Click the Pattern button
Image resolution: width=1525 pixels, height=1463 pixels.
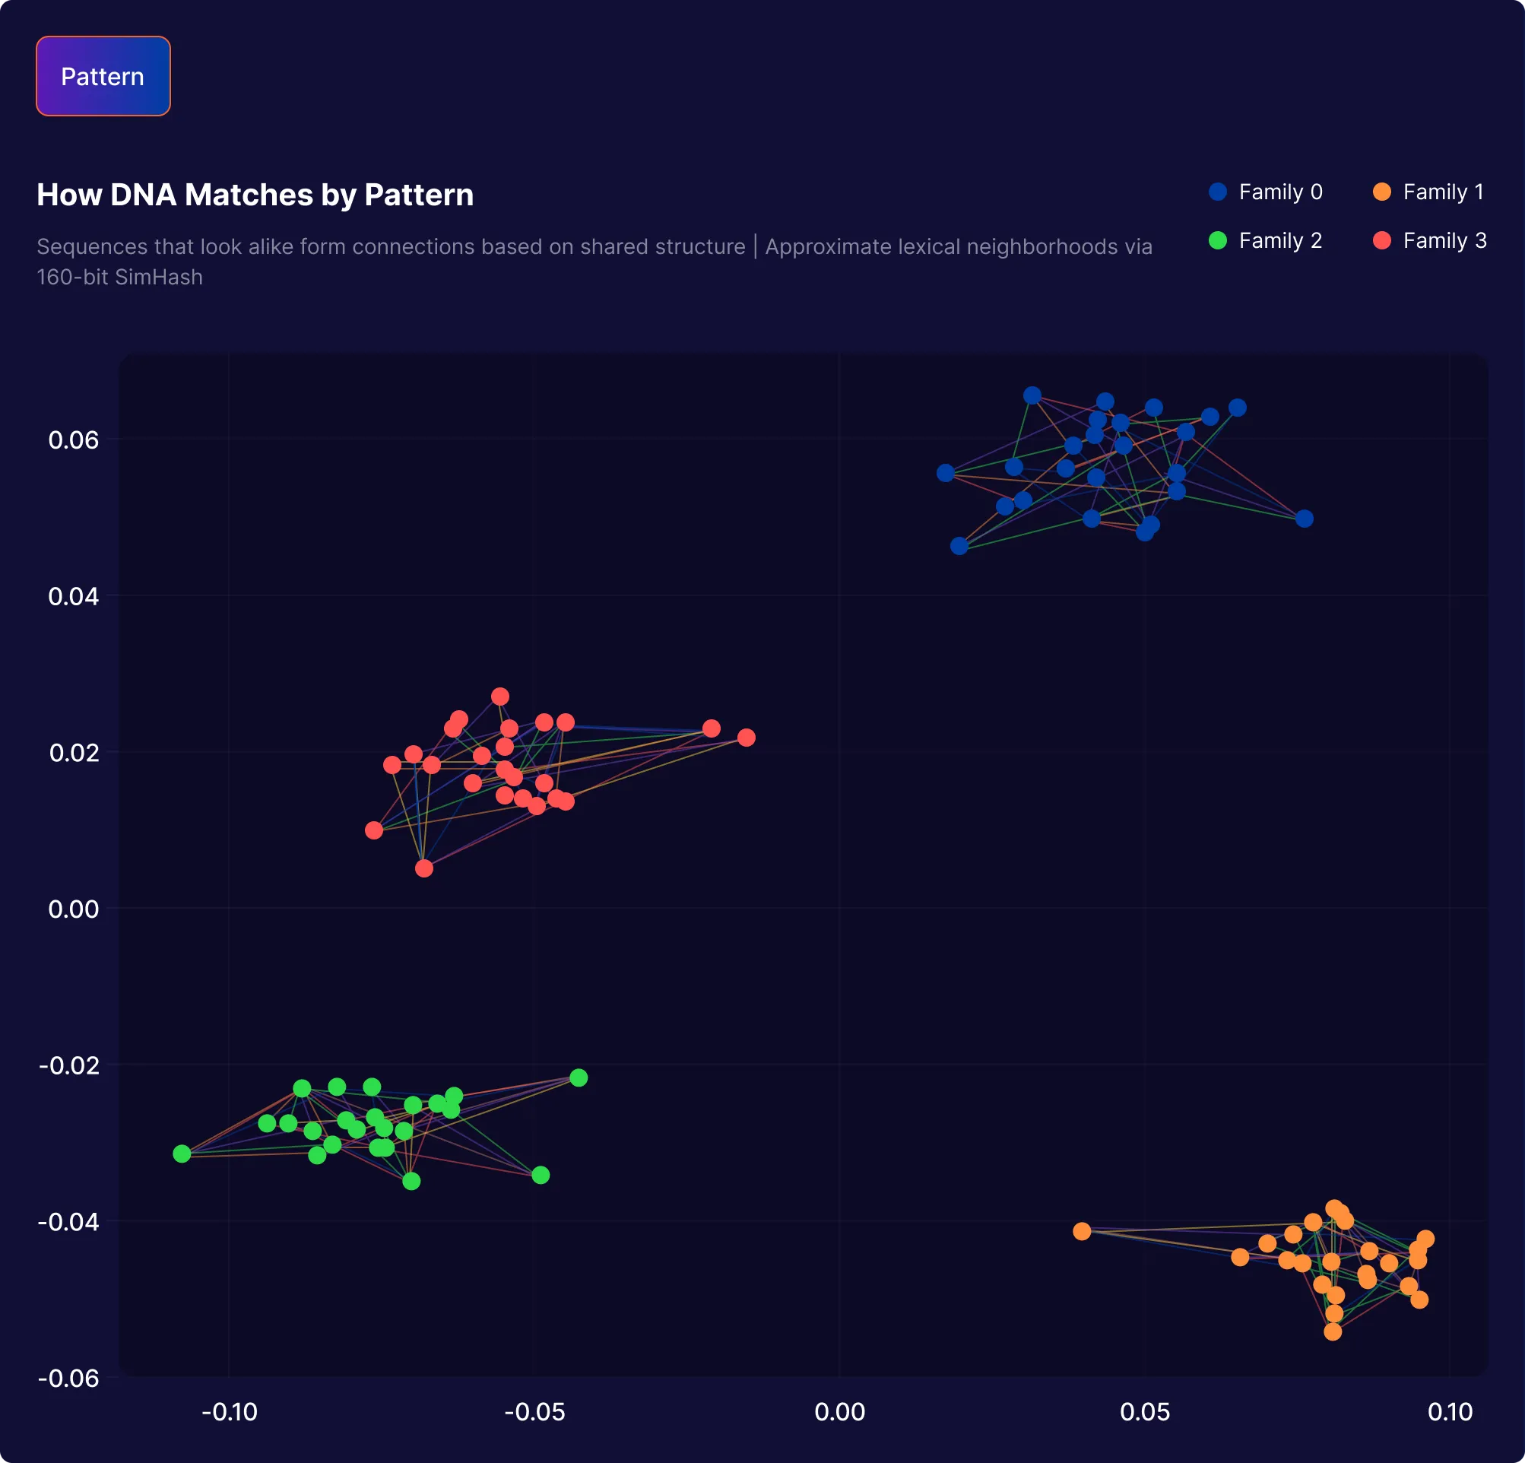[x=103, y=76]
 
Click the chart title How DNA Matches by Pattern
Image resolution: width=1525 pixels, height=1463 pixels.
[x=255, y=195]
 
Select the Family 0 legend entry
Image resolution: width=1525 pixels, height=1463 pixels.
[x=1265, y=192]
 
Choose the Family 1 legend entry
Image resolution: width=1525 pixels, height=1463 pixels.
[x=1428, y=192]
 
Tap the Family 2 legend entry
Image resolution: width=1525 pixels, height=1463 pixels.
[x=1265, y=241]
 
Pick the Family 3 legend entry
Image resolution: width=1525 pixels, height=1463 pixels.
[x=1430, y=241]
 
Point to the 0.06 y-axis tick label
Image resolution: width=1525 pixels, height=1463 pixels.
[x=73, y=440]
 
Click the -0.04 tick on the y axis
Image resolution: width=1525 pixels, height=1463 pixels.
[x=68, y=1221]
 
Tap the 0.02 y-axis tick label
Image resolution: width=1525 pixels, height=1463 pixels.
[x=73, y=753]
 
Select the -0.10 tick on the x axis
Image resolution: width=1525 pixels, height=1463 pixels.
[x=229, y=1411]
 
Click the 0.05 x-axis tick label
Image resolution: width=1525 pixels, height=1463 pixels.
[x=1145, y=1411]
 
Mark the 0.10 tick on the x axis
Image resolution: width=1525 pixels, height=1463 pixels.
[x=1450, y=1411]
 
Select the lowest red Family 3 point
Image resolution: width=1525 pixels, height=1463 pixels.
[x=424, y=868]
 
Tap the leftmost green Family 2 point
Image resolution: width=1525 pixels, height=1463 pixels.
[x=182, y=1154]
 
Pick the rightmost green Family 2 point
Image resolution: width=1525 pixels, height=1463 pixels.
[x=579, y=1077]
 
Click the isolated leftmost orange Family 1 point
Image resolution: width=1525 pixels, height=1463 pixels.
[x=1083, y=1231]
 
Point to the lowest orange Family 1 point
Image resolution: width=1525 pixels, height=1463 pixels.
[x=1333, y=1331]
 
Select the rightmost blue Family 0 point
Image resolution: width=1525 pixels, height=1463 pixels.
[x=1305, y=519]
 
